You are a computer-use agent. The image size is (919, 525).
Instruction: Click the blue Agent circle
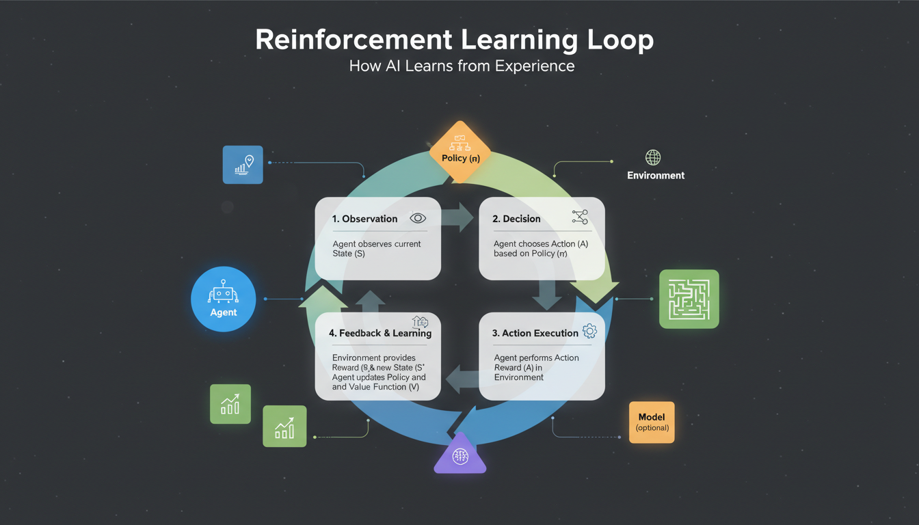pyautogui.click(x=223, y=299)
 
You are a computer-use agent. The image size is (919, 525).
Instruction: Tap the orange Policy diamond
pyautogui.click(x=460, y=151)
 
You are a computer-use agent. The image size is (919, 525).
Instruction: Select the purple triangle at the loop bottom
pyautogui.click(x=460, y=455)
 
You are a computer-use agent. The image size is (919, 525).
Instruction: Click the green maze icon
pyautogui.click(x=689, y=299)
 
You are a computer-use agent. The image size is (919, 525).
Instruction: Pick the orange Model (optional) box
pyautogui.click(x=651, y=422)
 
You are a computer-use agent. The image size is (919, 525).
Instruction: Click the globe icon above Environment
pyautogui.click(x=653, y=158)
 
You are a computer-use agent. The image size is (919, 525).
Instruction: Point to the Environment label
pyautogui.click(x=656, y=176)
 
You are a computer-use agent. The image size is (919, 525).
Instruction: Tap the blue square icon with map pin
pyautogui.click(x=243, y=164)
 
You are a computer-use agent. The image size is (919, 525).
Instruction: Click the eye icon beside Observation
pyautogui.click(x=417, y=218)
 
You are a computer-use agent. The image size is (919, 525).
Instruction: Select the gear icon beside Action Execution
pyautogui.click(x=589, y=332)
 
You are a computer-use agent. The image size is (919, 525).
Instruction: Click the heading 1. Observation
pyautogui.click(x=364, y=219)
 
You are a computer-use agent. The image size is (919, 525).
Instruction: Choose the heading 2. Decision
pyautogui.click(x=516, y=219)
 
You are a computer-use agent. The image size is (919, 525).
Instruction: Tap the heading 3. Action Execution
pyautogui.click(x=535, y=333)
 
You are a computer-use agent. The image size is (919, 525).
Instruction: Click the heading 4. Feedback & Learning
pyautogui.click(x=379, y=333)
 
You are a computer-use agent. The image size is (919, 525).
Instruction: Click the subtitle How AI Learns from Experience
pyautogui.click(x=462, y=66)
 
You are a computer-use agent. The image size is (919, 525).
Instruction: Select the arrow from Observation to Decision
pyautogui.click(x=457, y=217)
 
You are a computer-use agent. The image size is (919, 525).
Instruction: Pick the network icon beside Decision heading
pyautogui.click(x=579, y=217)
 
